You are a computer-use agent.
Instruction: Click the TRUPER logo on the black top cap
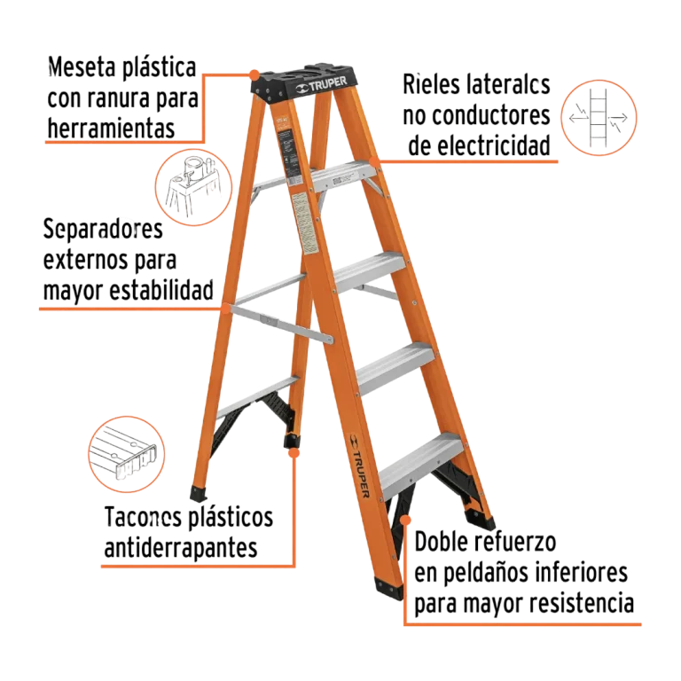321,85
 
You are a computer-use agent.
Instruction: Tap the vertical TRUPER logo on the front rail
360,466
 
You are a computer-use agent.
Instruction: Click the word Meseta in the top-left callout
82,67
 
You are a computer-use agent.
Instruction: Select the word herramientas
111,129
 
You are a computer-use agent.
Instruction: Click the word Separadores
103,229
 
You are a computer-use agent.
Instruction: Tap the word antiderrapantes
181,548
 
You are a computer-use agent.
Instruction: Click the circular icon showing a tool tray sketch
193,187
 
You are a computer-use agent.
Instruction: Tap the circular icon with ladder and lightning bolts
599,118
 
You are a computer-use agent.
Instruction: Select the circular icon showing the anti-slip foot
127,454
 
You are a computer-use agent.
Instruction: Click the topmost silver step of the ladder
344,175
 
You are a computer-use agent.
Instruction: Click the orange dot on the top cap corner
255,74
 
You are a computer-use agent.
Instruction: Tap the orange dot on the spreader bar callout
225,309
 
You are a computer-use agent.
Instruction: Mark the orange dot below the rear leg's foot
294,453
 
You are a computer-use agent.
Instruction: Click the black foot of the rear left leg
199,493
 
